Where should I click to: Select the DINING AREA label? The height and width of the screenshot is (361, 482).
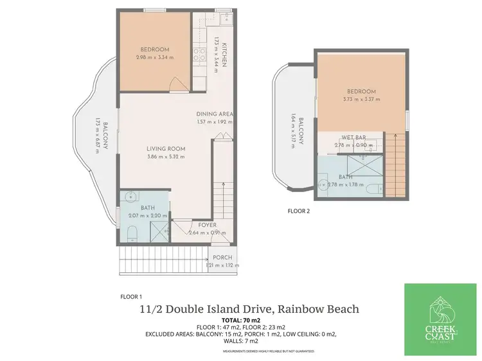click(x=215, y=114)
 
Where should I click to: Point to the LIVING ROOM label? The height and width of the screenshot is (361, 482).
click(x=166, y=148)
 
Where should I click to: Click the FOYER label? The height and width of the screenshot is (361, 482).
click(x=207, y=225)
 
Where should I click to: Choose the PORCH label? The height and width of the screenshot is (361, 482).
click(x=222, y=258)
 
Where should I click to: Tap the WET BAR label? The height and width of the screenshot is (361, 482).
click(x=354, y=137)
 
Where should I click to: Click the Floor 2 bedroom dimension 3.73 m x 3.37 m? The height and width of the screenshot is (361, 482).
click(x=361, y=100)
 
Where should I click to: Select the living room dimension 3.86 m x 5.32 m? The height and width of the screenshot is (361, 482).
click(x=166, y=156)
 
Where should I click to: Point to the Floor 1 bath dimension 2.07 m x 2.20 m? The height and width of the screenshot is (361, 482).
click(x=147, y=215)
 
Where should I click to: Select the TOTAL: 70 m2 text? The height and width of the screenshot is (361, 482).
click(x=241, y=320)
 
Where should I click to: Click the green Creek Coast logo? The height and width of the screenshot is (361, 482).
click(x=440, y=319)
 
